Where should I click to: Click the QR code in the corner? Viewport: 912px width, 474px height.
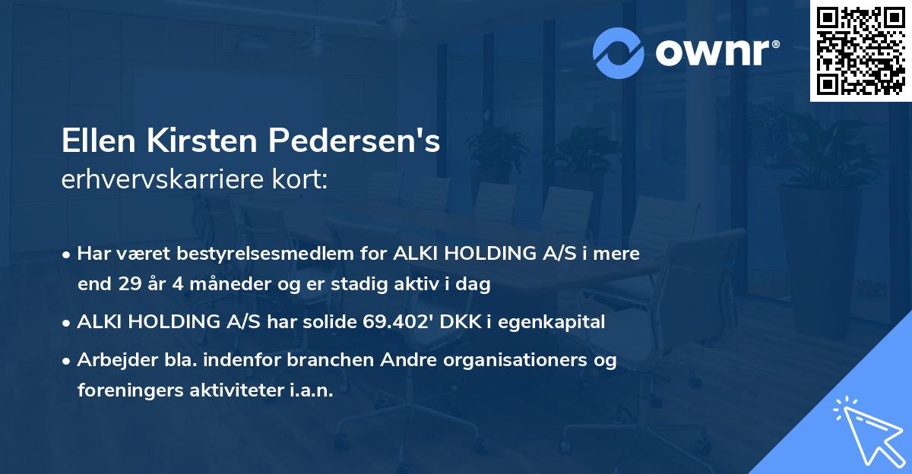coord(861,51)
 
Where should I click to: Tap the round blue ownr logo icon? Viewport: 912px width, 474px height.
coord(619,52)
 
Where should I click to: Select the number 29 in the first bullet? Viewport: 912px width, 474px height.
coord(127,284)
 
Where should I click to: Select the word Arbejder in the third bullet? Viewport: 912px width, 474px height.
coord(109,360)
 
